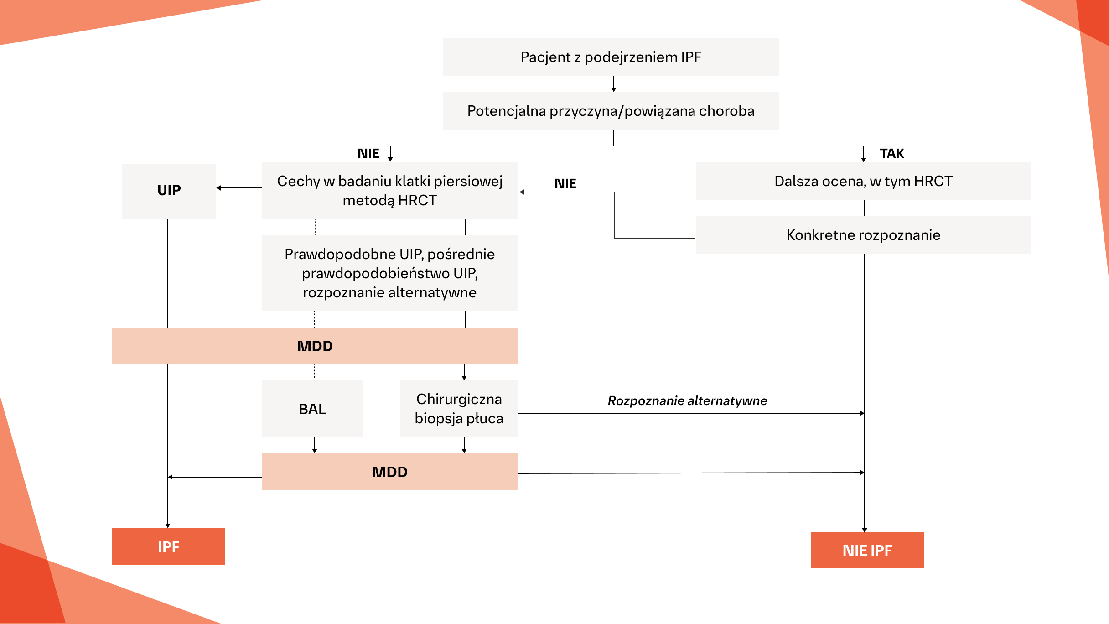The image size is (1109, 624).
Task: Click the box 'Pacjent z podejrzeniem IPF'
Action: (x=611, y=57)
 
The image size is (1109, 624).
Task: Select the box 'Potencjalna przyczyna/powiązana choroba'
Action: (x=611, y=111)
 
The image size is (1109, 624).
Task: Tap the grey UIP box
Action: (x=169, y=191)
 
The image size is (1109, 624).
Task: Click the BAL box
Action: (x=312, y=409)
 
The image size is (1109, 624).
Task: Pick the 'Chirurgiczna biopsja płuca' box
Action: (x=459, y=409)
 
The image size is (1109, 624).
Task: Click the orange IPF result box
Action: (x=168, y=546)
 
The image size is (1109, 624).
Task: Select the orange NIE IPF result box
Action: (x=867, y=550)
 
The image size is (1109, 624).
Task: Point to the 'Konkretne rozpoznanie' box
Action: (x=863, y=235)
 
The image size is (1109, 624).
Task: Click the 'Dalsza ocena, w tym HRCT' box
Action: (x=863, y=181)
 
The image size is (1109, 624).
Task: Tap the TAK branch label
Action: (x=891, y=153)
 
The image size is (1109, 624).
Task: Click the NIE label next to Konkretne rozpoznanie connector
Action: (x=565, y=183)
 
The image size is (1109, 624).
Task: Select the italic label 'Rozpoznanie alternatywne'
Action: (x=687, y=400)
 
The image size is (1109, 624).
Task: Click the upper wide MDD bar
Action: (x=315, y=346)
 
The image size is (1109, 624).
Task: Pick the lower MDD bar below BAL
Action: (x=389, y=472)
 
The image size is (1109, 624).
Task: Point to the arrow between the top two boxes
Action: (x=614, y=84)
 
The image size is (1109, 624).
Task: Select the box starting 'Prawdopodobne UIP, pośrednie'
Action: (x=389, y=273)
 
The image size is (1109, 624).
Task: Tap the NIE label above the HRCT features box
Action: (x=368, y=153)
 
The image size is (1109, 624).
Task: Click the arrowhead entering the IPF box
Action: (x=168, y=525)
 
